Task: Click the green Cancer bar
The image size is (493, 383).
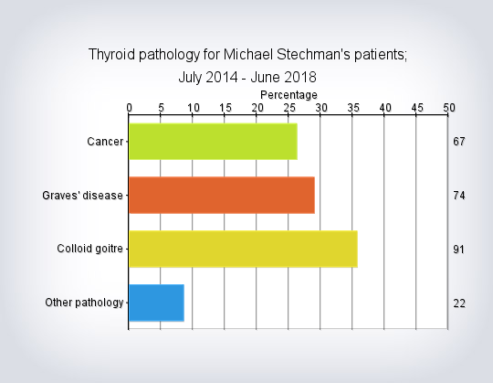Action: coord(213,142)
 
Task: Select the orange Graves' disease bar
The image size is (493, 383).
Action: coord(222,195)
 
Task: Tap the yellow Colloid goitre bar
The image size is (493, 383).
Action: coord(244,249)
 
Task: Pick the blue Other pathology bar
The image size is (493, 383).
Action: coord(157,303)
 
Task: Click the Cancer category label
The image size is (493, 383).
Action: coord(105,142)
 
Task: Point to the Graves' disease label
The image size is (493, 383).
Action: coord(82,196)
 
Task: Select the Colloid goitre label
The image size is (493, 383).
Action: coord(89,249)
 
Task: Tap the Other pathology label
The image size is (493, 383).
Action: coord(84,303)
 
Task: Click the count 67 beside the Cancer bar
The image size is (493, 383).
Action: coord(459,142)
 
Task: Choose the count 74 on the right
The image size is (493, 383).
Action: coord(459,196)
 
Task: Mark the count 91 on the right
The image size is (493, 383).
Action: coord(459,250)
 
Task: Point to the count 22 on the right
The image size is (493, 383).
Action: coord(459,303)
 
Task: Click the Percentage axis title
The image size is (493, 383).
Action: coord(288,95)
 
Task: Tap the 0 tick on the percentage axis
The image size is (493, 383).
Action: coord(130,108)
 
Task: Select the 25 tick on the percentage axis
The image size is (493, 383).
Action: coord(289,108)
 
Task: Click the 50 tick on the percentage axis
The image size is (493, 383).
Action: coord(449,108)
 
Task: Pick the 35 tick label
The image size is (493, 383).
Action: coord(353,108)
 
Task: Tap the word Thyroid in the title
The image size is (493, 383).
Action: coord(111,55)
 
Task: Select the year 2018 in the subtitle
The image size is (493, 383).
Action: coord(300,78)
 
